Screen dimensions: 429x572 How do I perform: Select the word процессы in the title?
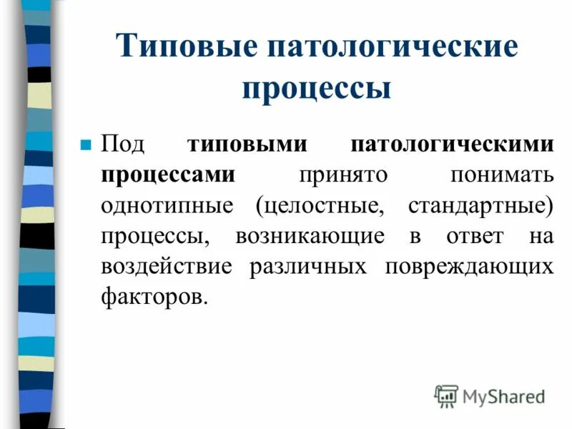[x=316, y=90]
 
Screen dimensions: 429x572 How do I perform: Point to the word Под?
[x=123, y=144]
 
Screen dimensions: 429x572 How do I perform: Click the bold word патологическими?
[x=452, y=143]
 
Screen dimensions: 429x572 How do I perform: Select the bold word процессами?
[x=169, y=174]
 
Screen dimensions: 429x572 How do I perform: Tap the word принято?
[x=341, y=174]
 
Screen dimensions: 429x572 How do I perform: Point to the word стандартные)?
[x=481, y=206]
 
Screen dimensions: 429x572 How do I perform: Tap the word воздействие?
[x=166, y=267]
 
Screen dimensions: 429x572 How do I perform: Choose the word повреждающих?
[x=469, y=267]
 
